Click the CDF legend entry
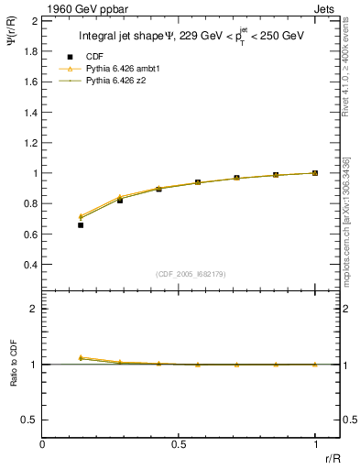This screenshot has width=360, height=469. pyautogui.click(x=94, y=58)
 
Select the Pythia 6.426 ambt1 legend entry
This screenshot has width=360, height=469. pyautogui.click(x=115, y=70)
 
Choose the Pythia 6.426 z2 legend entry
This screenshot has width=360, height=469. pyautogui.click(x=109, y=82)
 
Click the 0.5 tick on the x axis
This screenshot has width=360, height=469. pyautogui.click(x=179, y=444)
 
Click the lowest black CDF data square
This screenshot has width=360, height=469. pyautogui.click(x=81, y=224)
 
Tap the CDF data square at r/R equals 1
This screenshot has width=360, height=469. pyautogui.click(x=315, y=172)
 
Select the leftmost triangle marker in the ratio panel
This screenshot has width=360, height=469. pyautogui.click(x=81, y=357)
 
